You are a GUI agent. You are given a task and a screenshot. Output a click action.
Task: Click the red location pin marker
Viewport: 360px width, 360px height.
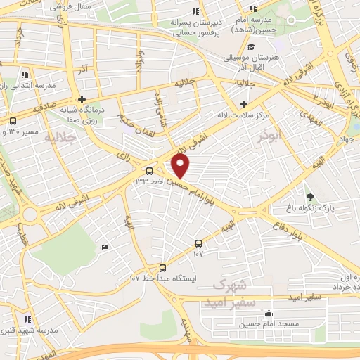click(181, 166)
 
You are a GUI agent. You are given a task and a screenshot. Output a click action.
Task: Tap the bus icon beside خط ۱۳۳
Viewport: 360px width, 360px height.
click(149, 171)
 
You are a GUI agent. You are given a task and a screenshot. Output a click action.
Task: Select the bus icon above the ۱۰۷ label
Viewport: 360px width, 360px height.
click(198, 243)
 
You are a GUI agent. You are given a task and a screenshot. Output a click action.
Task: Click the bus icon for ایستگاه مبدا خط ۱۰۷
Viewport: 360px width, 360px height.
click(162, 268)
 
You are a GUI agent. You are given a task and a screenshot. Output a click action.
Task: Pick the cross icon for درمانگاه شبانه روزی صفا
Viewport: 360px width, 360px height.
click(82, 100)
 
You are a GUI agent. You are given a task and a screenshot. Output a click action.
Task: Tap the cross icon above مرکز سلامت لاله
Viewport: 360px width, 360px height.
click(243, 104)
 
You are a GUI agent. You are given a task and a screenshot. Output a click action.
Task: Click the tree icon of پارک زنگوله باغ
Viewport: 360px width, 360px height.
click(310, 197)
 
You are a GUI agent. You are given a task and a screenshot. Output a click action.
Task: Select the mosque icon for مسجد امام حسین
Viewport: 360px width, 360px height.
click(268, 314)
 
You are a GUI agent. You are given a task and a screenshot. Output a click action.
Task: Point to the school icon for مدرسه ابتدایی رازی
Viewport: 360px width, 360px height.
click(25, 75)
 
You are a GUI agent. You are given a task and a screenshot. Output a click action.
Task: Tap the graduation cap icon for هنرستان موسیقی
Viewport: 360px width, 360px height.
click(251, 47)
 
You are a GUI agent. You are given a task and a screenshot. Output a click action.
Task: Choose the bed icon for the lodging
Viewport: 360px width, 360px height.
click(105, 247)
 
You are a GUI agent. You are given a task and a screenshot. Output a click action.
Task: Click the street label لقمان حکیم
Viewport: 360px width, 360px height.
click(134, 114)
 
